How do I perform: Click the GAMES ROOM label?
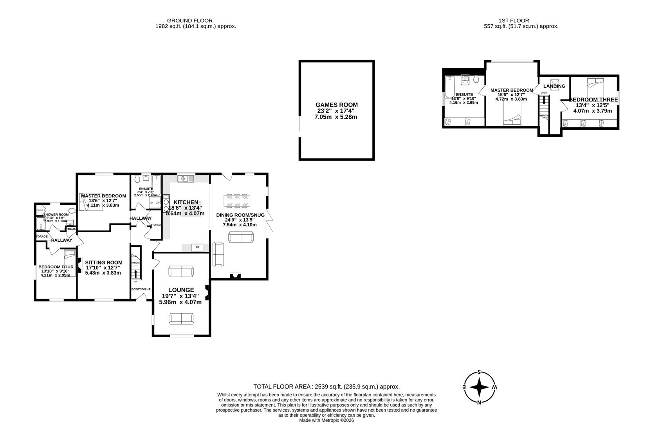click(x=336, y=105)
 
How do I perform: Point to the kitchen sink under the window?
click(x=185, y=179)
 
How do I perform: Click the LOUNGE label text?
click(x=181, y=290)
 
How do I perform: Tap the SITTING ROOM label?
click(x=104, y=262)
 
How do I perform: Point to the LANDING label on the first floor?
click(x=554, y=86)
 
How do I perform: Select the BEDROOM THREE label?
click(x=593, y=100)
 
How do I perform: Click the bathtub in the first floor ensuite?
click(x=448, y=87)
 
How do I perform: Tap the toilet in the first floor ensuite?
click(x=476, y=79)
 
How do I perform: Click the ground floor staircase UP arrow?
click(x=135, y=271)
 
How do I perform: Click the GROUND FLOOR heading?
click(x=189, y=20)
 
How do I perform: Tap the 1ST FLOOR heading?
click(x=514, y=20)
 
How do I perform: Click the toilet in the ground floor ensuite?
click(x=137, y=179)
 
